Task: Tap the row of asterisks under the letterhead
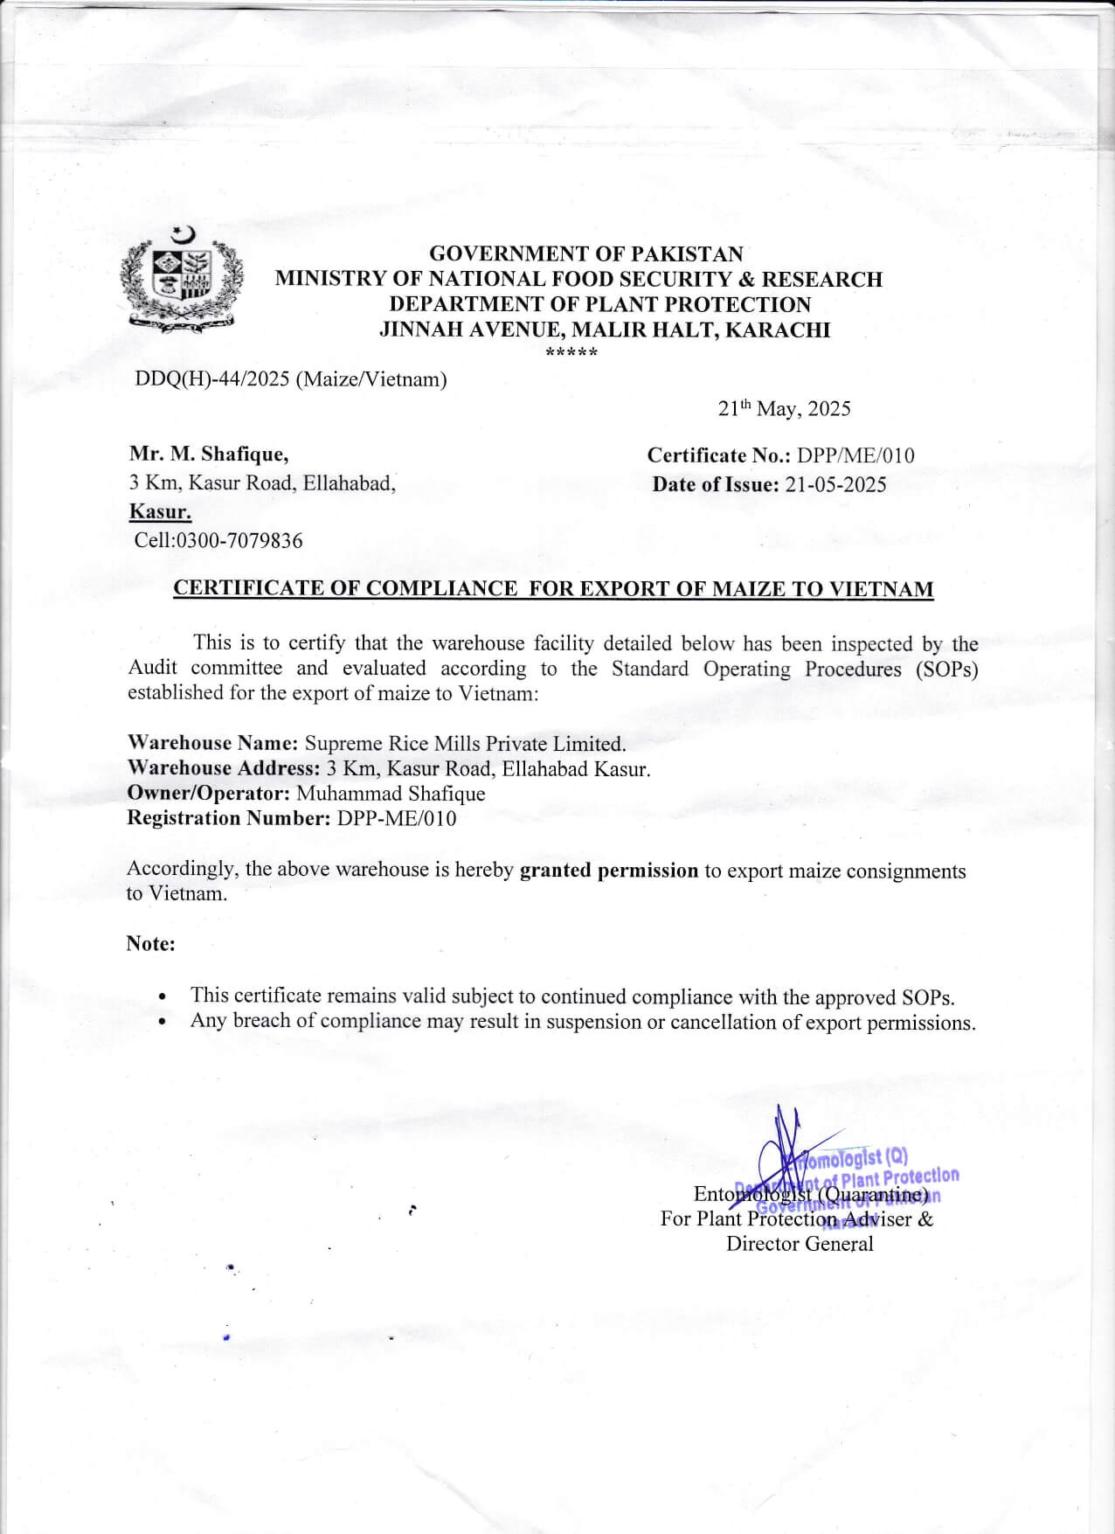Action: (571, 354)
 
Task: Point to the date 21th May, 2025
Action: (784, 409)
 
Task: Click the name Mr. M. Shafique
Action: (209, 455)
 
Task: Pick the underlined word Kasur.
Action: (161, 512)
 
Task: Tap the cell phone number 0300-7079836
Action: (239, 541)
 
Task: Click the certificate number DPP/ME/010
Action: (855, 455)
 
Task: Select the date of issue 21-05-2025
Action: (835, 485)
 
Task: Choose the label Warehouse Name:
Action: (213, 744)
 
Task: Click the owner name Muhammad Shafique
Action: (391, 794)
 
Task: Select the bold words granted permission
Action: (609, 871)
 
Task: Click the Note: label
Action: (150, 944)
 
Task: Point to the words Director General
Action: (800, 1245)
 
